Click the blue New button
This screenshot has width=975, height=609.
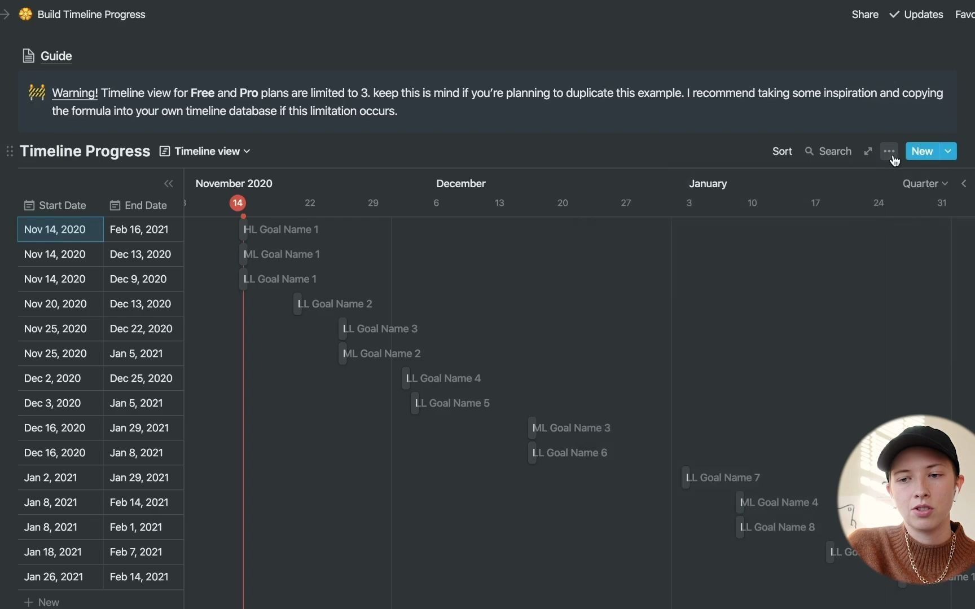tap(922, 151)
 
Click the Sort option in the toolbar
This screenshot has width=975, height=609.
tap(782, 151)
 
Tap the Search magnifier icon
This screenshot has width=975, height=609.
tap(809, 151)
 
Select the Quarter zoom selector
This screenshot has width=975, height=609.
tap(925, 183)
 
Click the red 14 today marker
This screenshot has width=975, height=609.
tap(238, 203)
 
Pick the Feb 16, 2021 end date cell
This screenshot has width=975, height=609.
tap(139, 230)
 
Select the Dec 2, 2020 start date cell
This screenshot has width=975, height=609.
tap(52, 378)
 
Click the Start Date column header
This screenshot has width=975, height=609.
tap(55, 205)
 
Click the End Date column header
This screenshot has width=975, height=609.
tap(139, 205)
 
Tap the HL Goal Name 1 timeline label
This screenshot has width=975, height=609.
tap(281, 230)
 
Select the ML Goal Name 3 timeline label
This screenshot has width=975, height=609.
tap(571, 428)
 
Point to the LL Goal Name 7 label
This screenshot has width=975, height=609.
tap(723, 478)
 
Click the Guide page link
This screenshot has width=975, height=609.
tap(56, 56)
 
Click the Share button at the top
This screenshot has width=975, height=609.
tap(865, 14)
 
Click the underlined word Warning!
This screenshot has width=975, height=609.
tap(74, 93)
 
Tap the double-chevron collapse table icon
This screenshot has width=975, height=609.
tap(168, 183)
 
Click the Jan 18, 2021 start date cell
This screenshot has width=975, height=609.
tap(53, 552)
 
